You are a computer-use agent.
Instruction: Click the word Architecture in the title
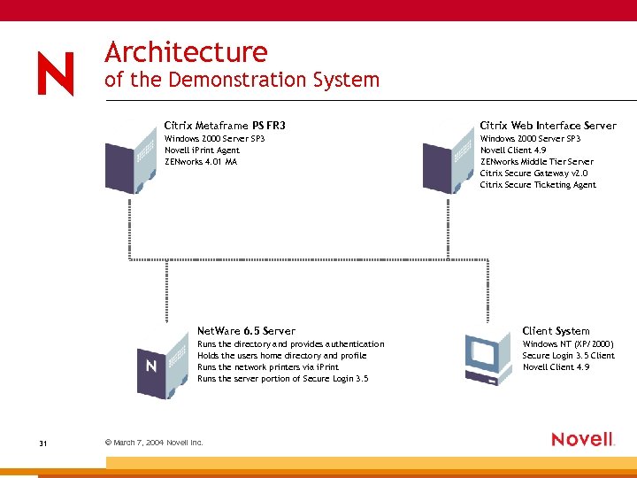(x=186, y=51)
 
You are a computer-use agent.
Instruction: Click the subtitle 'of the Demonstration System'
(x=242, y=80)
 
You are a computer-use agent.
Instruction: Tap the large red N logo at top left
(x=56, y=73)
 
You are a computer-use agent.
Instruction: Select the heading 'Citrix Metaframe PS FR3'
(x=225, y=126)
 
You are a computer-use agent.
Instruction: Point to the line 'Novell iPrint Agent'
(x=202, y=150)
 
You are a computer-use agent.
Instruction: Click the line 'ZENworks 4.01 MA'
(x=201, y=162)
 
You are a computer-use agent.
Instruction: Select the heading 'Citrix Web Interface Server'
(x=548, y=126)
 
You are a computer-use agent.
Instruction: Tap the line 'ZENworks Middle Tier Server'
(x=536, y=162)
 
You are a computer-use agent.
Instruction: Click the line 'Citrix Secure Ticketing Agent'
(x=538, y=185)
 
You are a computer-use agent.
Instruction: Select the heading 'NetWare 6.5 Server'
(x=246, y=331)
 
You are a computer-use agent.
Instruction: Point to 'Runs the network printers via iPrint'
(x=269, y=367)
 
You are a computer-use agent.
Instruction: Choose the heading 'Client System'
(x=556, y=331)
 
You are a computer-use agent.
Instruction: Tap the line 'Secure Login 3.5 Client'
(x=568, y=356)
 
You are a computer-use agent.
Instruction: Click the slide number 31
(x=42, y=443)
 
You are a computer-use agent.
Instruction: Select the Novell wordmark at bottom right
(x=582, y=439)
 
